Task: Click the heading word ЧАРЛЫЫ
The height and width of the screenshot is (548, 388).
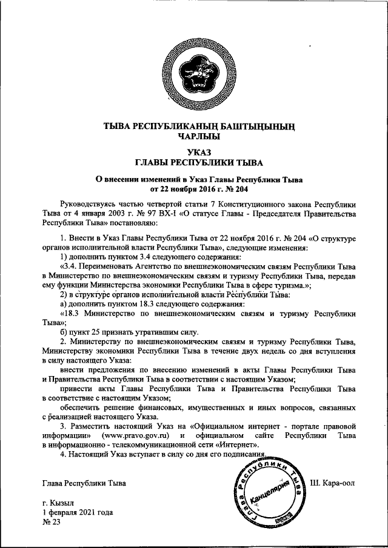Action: [195, 137]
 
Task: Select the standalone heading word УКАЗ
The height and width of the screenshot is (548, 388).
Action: [195, 152]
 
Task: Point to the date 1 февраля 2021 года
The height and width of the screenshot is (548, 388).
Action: [78, 512]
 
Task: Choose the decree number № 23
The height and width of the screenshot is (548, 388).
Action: [52, 522]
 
